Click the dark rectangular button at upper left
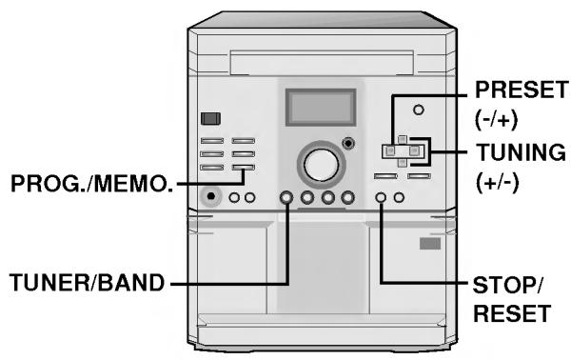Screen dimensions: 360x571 tap(210, 120)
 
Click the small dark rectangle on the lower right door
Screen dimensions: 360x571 tap(430, 244)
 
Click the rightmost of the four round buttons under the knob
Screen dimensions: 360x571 tap(347, 198)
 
